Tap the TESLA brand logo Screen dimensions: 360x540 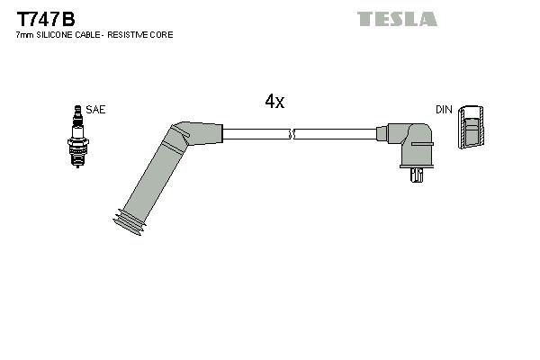click(x=397, y=19)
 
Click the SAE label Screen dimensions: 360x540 click(x=96, y=109)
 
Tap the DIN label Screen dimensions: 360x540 click(x=443, y=109)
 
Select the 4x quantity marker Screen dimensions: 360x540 click(x=274, y=102)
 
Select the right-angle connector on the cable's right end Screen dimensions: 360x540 click(x=409, y=144)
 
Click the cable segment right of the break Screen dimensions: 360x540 click(x=335, y=134)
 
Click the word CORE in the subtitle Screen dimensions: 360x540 click(x=162, y=34)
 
